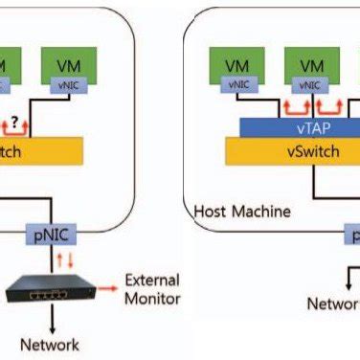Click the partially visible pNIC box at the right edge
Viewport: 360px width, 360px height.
(x=352, y=233)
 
